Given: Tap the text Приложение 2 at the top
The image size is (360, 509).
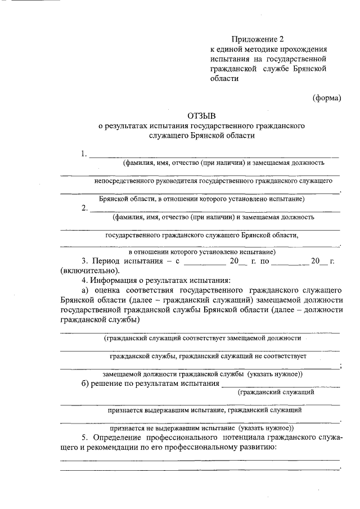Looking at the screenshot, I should tap(258, 39).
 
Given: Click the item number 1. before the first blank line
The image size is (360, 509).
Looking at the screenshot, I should tap(84, 154).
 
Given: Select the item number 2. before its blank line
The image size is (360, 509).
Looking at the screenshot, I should tap(84, 208).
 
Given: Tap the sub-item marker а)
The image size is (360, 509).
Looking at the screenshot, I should tap(85, 290).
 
